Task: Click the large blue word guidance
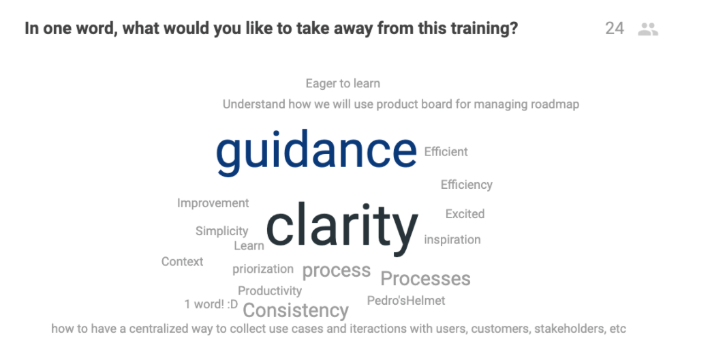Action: coord(316,152)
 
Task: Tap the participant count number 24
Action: coord(615,29)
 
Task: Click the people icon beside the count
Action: coord(648,29)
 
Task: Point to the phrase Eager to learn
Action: coord(343,84)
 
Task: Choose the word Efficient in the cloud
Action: coord(446,152)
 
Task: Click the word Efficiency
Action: coord(466,185)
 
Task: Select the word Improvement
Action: coord(213,203)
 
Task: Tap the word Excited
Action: coord(465,214)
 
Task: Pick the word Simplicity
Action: coord(221,231)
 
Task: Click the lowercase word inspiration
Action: coord(452,240)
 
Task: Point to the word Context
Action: coord(182,261)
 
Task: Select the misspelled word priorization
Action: coord(262,269)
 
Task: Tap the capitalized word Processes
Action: coord(425,279)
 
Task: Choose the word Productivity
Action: coord(270,291)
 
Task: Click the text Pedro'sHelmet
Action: coord(406,301)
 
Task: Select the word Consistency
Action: coord(296,310)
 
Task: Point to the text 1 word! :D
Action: coord(211,304)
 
